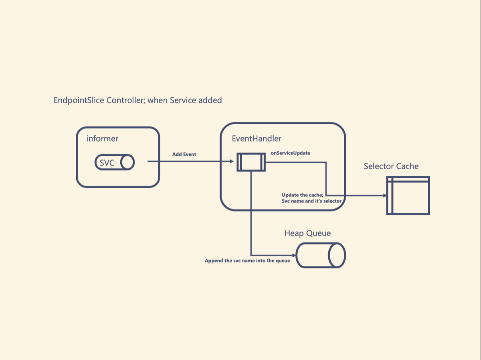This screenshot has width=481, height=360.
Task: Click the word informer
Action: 102,139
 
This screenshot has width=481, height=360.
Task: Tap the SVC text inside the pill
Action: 107,163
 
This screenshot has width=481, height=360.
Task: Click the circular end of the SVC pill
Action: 127,163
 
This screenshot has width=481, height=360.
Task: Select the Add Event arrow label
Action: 184,154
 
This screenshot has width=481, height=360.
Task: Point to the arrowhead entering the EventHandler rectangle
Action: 232,161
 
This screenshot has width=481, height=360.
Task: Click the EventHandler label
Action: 257,139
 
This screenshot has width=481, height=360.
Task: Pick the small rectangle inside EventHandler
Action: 251,162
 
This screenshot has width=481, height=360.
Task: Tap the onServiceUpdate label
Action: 290,153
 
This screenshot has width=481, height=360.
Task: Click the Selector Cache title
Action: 391,166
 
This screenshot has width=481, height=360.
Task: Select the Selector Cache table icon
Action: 408,195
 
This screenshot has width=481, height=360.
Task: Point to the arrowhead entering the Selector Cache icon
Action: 385,195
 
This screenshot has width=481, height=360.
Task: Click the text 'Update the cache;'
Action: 302,195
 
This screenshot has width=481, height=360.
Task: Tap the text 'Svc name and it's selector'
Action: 311,201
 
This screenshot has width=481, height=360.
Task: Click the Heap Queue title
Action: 308,233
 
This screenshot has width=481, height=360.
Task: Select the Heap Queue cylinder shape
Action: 321,255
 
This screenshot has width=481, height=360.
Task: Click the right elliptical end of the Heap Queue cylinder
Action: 337,255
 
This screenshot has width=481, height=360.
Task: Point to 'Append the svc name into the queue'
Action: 247,261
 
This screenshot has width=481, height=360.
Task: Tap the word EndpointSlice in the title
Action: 79,101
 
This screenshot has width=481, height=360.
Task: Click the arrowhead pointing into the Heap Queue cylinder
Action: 294,255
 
